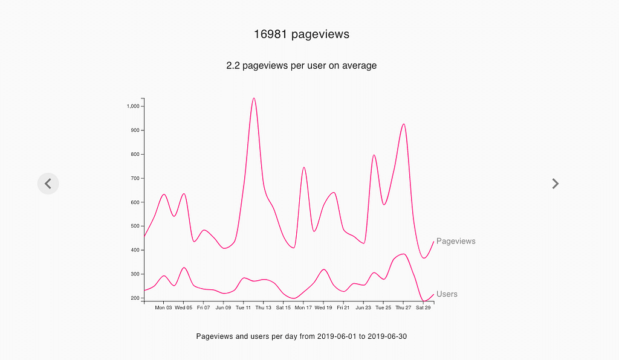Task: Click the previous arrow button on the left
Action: pyautogui.click(x=48, y=183)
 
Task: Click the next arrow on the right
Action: pyautogui.click(x=556, y=184)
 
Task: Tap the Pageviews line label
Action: pyautogui.click(x=456, y=242)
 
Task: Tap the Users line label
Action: pyautogui.click(x=447, y=294)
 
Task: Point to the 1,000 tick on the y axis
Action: pyautogui.click(x=133, y=106)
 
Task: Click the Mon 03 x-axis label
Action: pyautogui.click(x=163, y=308)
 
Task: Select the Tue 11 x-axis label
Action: pyautogui.click(x=243, y=308)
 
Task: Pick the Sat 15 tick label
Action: pyautogui.click(x=283, y=308)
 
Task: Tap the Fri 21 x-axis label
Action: pyautogui.click(x=343, y=308)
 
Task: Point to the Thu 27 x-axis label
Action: pyautogui.click(x=403, y=308)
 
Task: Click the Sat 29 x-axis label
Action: pyautogui.click(x=423, y=308)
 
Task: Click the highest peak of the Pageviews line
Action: pyautogui.click(x=254, y=98)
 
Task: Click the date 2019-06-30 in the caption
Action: pyautogui.click(x=387, y=336)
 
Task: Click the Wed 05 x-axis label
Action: pyautogui.click(x=183, y=308)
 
